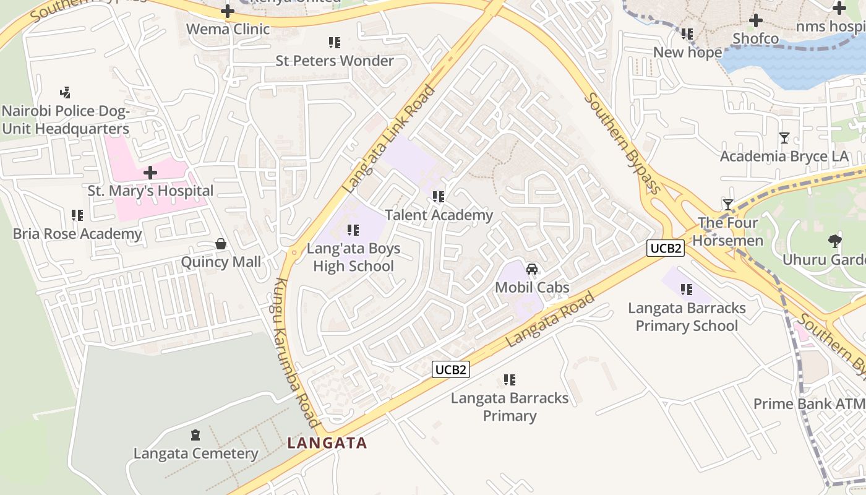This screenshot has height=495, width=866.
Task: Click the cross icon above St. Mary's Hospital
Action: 150,173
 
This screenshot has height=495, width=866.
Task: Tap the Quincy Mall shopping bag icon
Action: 221,244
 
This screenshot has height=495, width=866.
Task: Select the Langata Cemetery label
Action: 195,454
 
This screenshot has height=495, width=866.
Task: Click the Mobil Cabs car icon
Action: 531,269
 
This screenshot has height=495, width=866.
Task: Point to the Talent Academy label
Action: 439,215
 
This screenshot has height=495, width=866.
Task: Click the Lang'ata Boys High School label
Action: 353,257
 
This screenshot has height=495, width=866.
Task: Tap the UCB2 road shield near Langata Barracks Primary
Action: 451,370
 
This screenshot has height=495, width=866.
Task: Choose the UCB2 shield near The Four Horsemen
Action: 666,249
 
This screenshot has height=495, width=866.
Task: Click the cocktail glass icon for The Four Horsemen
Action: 728,204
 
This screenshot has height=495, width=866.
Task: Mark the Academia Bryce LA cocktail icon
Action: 784,138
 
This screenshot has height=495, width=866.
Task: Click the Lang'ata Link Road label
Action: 390,139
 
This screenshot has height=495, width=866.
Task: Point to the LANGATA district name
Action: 327,443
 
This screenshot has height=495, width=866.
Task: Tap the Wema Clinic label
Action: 228,29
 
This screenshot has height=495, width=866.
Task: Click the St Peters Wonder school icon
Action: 335,43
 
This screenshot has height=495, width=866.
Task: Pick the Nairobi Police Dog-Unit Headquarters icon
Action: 65,93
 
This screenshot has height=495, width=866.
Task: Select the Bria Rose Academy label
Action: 77,234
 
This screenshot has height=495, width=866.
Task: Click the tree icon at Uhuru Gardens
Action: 834,241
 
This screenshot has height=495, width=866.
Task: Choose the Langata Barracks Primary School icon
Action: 686,289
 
